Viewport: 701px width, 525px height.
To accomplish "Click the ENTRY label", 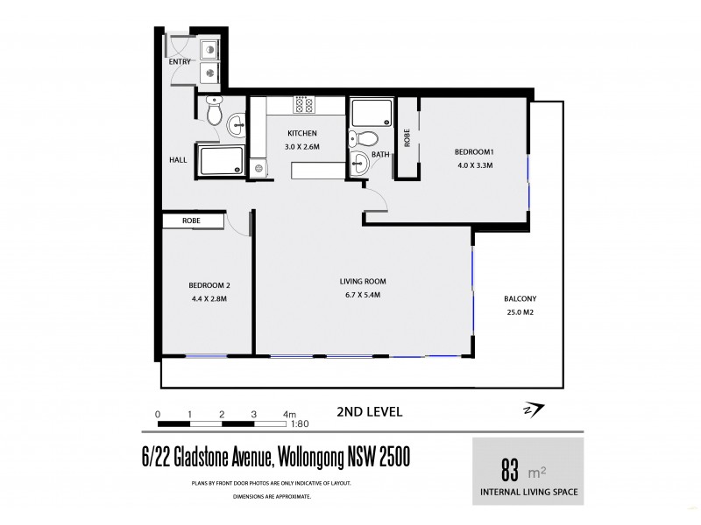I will (180, 63).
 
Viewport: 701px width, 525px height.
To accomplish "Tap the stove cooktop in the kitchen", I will (303, 105).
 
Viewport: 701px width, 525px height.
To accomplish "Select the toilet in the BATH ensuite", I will (369, 137).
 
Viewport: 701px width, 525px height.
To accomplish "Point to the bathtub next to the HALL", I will (221, 162).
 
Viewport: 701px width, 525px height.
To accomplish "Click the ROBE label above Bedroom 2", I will (192, 221).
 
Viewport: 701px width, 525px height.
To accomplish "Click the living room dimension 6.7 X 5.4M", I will (363, 294).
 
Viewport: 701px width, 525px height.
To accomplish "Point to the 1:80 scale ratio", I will (301, 423).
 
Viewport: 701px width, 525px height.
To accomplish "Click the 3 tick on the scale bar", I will (253, 413).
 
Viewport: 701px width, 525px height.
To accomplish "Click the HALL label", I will (178, 160).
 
